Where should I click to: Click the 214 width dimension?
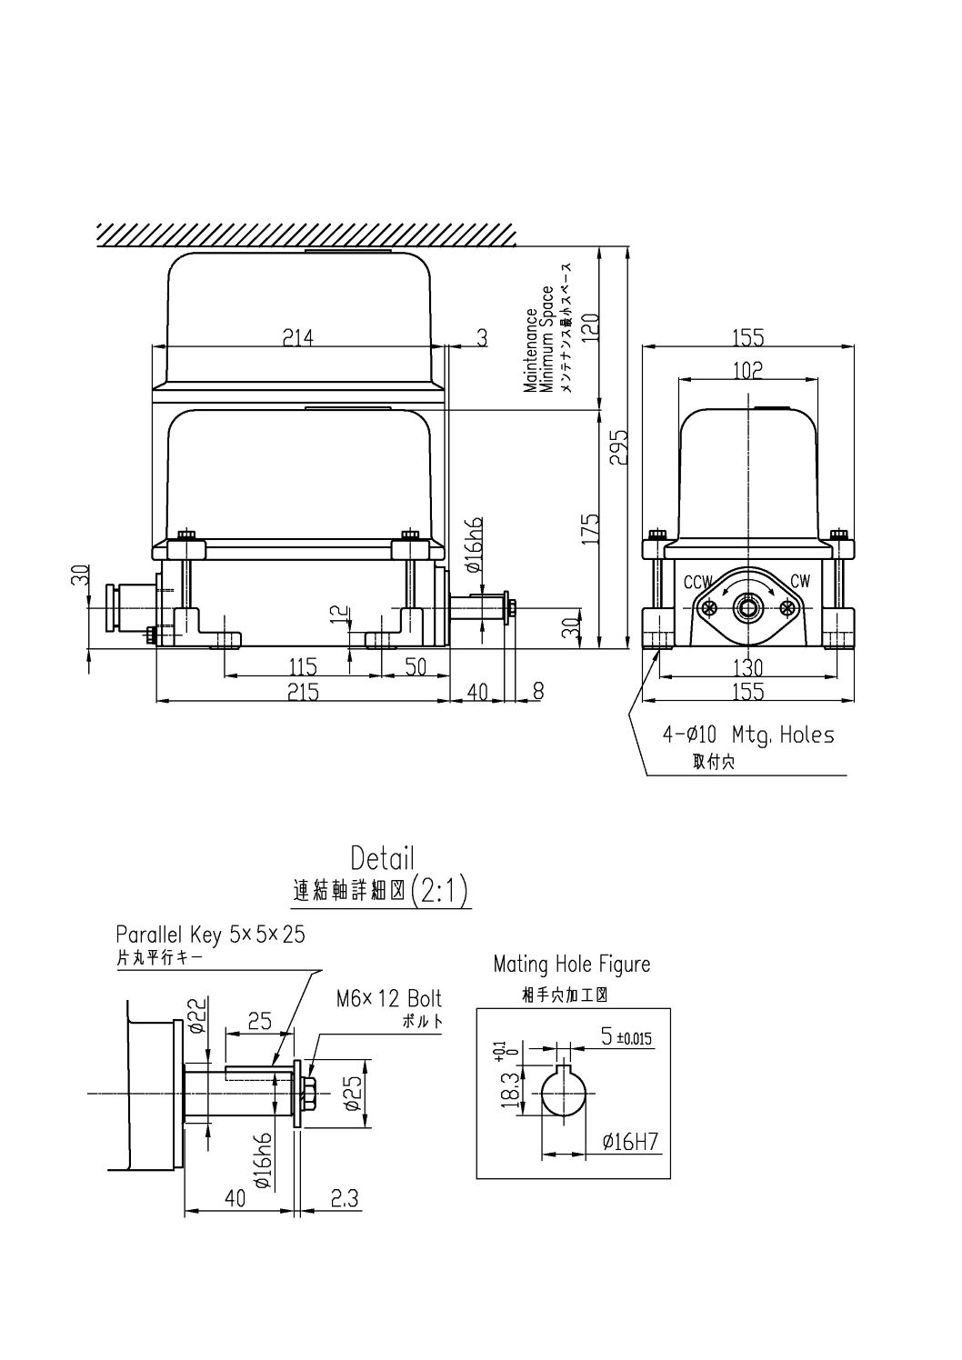[298, 337]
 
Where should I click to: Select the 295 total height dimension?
[619, 447]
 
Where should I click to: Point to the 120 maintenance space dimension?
[590, 327]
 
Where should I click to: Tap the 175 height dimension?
[590, 528]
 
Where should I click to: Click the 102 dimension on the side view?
[747, 370]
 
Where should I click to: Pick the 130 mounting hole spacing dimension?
[747, 668]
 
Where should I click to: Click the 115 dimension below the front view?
[303, 666]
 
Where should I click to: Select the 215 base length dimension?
[303, 692]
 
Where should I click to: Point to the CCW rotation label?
[697, 582]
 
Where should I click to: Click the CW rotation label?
[800, 581]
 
